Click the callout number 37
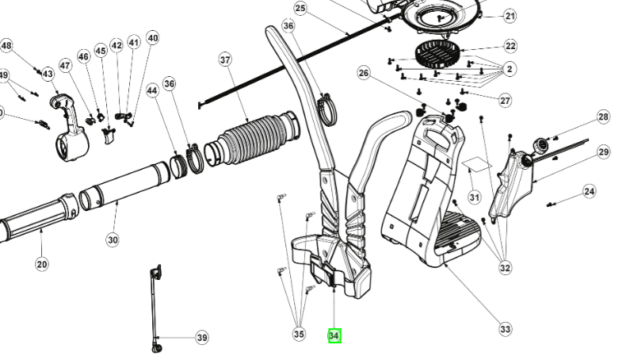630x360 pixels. pyautogui.click(x=225, y=60)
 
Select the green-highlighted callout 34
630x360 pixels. pyautogui.click(x=334, y=335)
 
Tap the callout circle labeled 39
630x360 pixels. pyautogui.click(x=202, y=338)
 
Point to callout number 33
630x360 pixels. pyautogui.click(x=506, y=329)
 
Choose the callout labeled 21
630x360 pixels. pyautogui.click(x=510, y=16)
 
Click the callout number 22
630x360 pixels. pyautogui.click(x=510, y=46)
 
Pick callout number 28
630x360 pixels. pyautogui.click(x=604, y=117)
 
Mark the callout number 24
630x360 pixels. pyautogui.click(x=589, y=191)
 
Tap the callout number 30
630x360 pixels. pyautogui.click(x=112, y=239)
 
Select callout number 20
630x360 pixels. pyautogui.click(x=42, y=264)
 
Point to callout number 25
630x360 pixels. pyautogui.click(x=300, y=8)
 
